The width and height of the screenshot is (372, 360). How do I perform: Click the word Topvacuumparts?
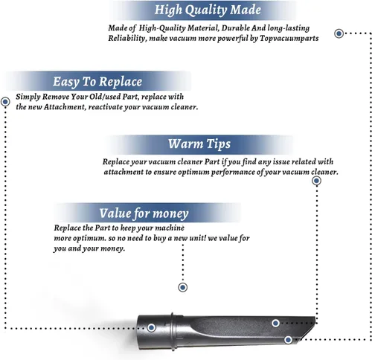pyautogui.click(x=289, y=39)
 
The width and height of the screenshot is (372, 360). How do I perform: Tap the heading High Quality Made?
pyautogui.click(x=208, y=10)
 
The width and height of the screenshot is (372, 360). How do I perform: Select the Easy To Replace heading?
pyautogui.click(x=97, y=82)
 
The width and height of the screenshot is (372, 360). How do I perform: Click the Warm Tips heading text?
pyautogui.click(x=199, y=144)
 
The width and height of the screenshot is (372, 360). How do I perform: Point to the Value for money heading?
pyautogui.click(x=144, y=213)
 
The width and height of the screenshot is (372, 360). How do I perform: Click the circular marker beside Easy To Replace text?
pyautogui.click(x=5, y=102)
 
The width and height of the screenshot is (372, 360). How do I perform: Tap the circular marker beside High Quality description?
pyautogui.click(x=339, y=33)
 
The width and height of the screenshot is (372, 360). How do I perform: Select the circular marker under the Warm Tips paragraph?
pyautogui.click(x=316, y=181)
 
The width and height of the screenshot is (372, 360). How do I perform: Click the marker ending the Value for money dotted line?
pyautogui.click(x=183, y=287)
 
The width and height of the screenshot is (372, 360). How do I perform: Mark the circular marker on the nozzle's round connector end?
pyautogui.click(x=151, y=327)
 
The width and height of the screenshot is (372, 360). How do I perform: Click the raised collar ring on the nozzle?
pyautogui.click(x=173, y=332)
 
